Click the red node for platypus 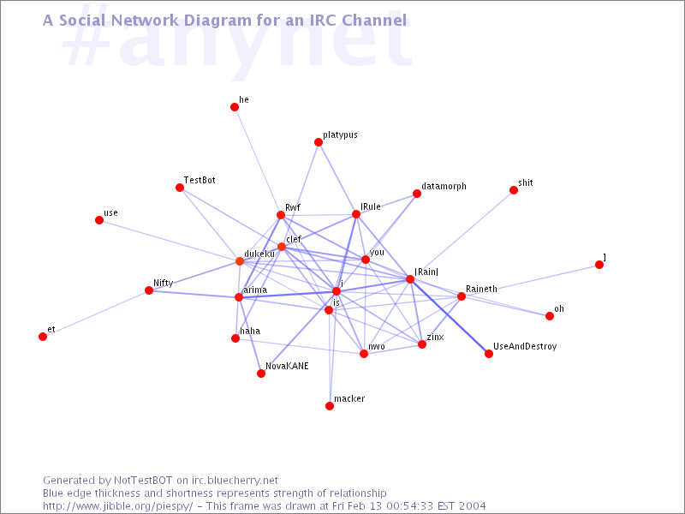319,142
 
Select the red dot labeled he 235,107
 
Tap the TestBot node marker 180,188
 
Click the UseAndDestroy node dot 489,354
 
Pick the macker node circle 330,406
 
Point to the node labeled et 43,337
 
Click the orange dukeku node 240,261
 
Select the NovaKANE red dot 261,374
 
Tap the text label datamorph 444,187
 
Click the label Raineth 481,289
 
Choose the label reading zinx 435,337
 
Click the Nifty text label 163,284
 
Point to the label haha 250,331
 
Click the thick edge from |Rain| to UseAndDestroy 450,316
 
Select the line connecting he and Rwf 258,161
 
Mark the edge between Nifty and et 96,314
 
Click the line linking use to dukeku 170,241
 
